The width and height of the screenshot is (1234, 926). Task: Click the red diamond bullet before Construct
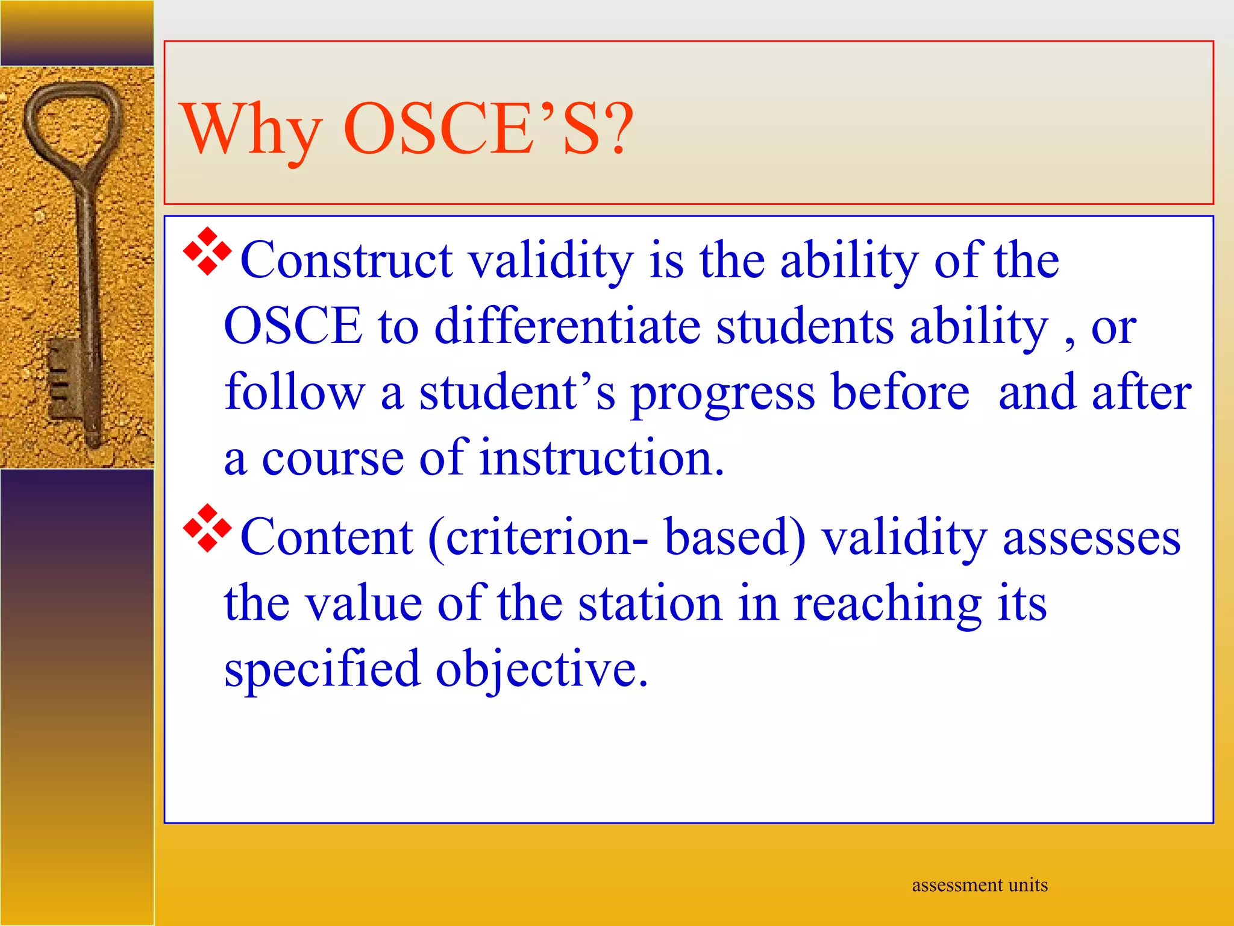[207, 251]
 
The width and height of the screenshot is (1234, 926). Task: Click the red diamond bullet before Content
[207, 528]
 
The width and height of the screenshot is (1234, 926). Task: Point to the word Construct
[346, 260]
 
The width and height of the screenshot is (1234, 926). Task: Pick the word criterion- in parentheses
[540, 537]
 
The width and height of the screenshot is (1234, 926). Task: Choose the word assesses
[1091, 537]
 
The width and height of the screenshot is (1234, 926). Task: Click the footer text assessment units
[979, 885]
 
